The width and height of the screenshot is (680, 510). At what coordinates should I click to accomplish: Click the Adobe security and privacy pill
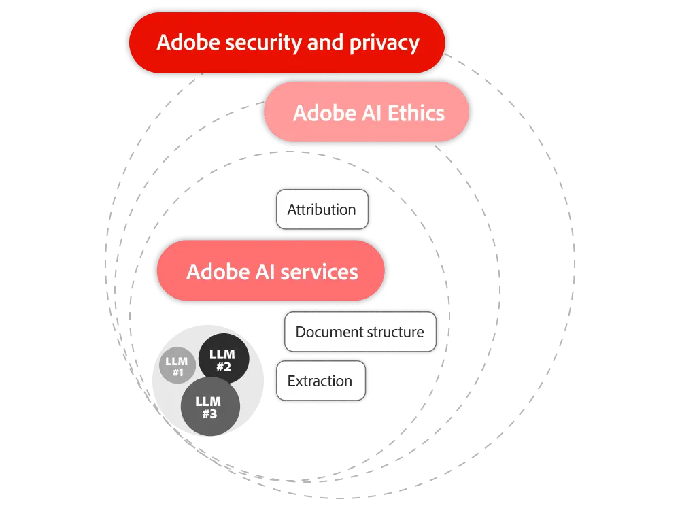[287, 43]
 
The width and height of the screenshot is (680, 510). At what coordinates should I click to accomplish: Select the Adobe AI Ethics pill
[368, 112]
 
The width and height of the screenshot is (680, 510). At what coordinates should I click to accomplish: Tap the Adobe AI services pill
[271, 272]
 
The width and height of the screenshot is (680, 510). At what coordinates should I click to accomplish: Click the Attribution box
[322, 209]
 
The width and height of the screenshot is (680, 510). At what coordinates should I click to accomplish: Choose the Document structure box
[360, 333]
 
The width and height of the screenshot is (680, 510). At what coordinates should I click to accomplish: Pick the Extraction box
[320, 381]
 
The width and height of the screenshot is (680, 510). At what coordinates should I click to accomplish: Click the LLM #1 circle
[177, 367]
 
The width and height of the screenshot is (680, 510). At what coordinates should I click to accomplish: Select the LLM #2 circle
[224, 360]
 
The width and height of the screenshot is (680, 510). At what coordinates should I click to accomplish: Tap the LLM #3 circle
[209, 407]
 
